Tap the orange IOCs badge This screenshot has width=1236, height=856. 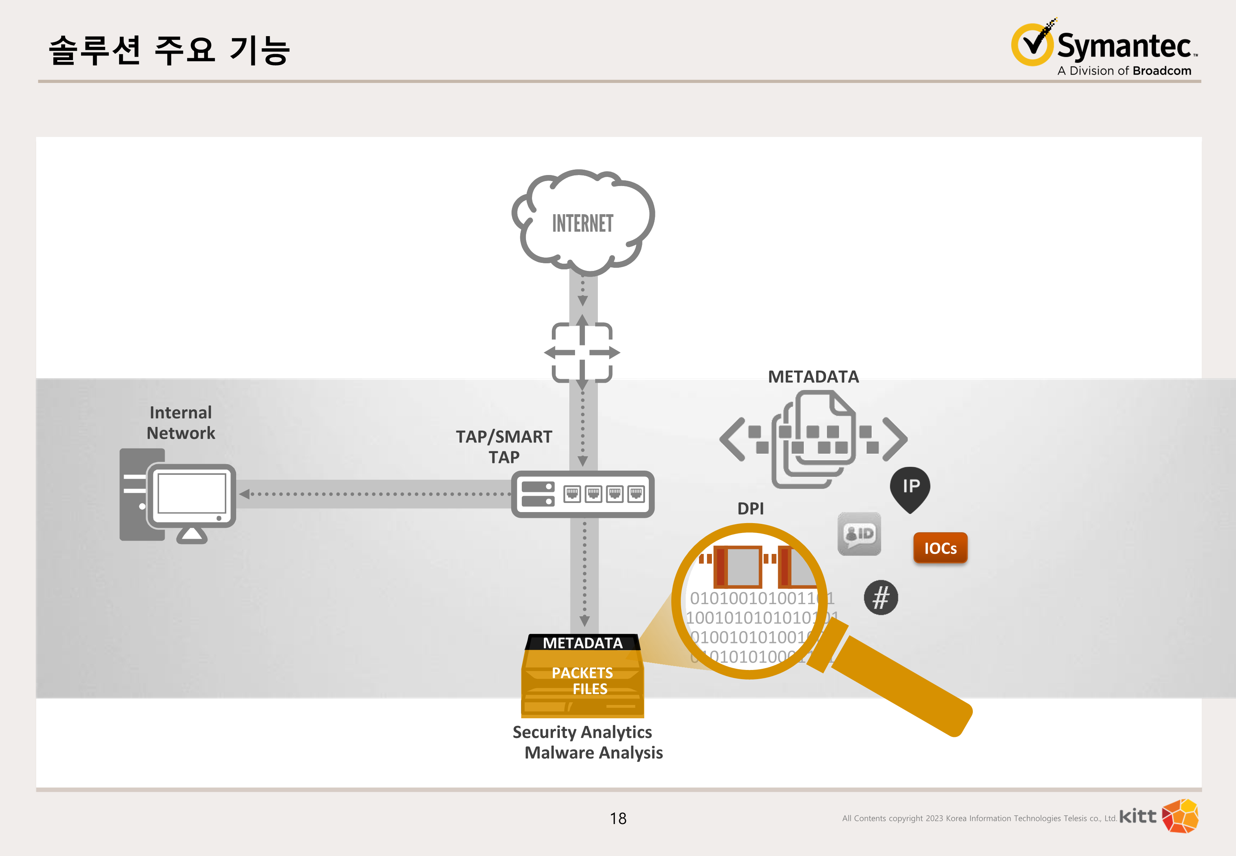click(x=940, y=547)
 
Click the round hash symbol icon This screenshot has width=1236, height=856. click(x=881, y=597)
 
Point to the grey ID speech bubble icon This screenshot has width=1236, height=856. click(x=859, y=534)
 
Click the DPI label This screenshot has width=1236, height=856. click(x=750, y=508)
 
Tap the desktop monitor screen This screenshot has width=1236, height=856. click(x=191, y=493)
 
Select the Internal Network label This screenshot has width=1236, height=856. click(x=181, y=423)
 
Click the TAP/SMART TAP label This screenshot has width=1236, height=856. click(x=504, y=446)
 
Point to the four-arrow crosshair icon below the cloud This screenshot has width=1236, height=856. click(x=582, y=352)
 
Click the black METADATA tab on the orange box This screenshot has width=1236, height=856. click(x=583, y=643)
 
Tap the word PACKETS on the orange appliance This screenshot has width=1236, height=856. click(x=582, y=673)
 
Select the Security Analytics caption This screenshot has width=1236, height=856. click(x=582, y=732)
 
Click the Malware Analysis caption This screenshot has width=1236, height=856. click(x=593, y=753)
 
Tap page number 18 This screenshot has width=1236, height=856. click(x=618, y=818)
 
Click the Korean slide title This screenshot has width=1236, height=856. click(x=169, y=51)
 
